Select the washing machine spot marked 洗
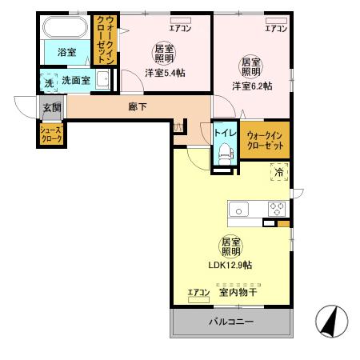point(47,80)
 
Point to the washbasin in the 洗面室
point(103,79)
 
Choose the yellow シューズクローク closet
point(52,133)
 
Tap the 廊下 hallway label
point(138,107)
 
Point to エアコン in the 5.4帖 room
point(181,30)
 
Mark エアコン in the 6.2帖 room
point(276,30)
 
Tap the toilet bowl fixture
point(223,154)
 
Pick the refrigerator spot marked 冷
point(279,170)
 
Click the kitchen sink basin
point(240,210)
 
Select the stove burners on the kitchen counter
point(276,209)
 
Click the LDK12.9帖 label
point(232,265)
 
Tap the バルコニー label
point(231,322)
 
